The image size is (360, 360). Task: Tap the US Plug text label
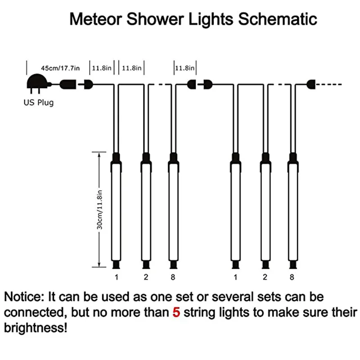click(x=39, y=103)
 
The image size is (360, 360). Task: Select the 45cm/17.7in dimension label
click(x=60, y=68)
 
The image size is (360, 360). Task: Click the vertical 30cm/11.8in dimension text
click(x=101, y=210)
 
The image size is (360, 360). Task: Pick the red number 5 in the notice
click(x=176, y=312)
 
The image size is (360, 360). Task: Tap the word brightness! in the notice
click(x=35, y=328)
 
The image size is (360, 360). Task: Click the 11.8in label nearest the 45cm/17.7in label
click(x=102, y=68)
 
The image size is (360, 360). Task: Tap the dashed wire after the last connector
click(x=330, y=84)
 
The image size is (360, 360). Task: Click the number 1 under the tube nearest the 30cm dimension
click(x=116, y=277)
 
